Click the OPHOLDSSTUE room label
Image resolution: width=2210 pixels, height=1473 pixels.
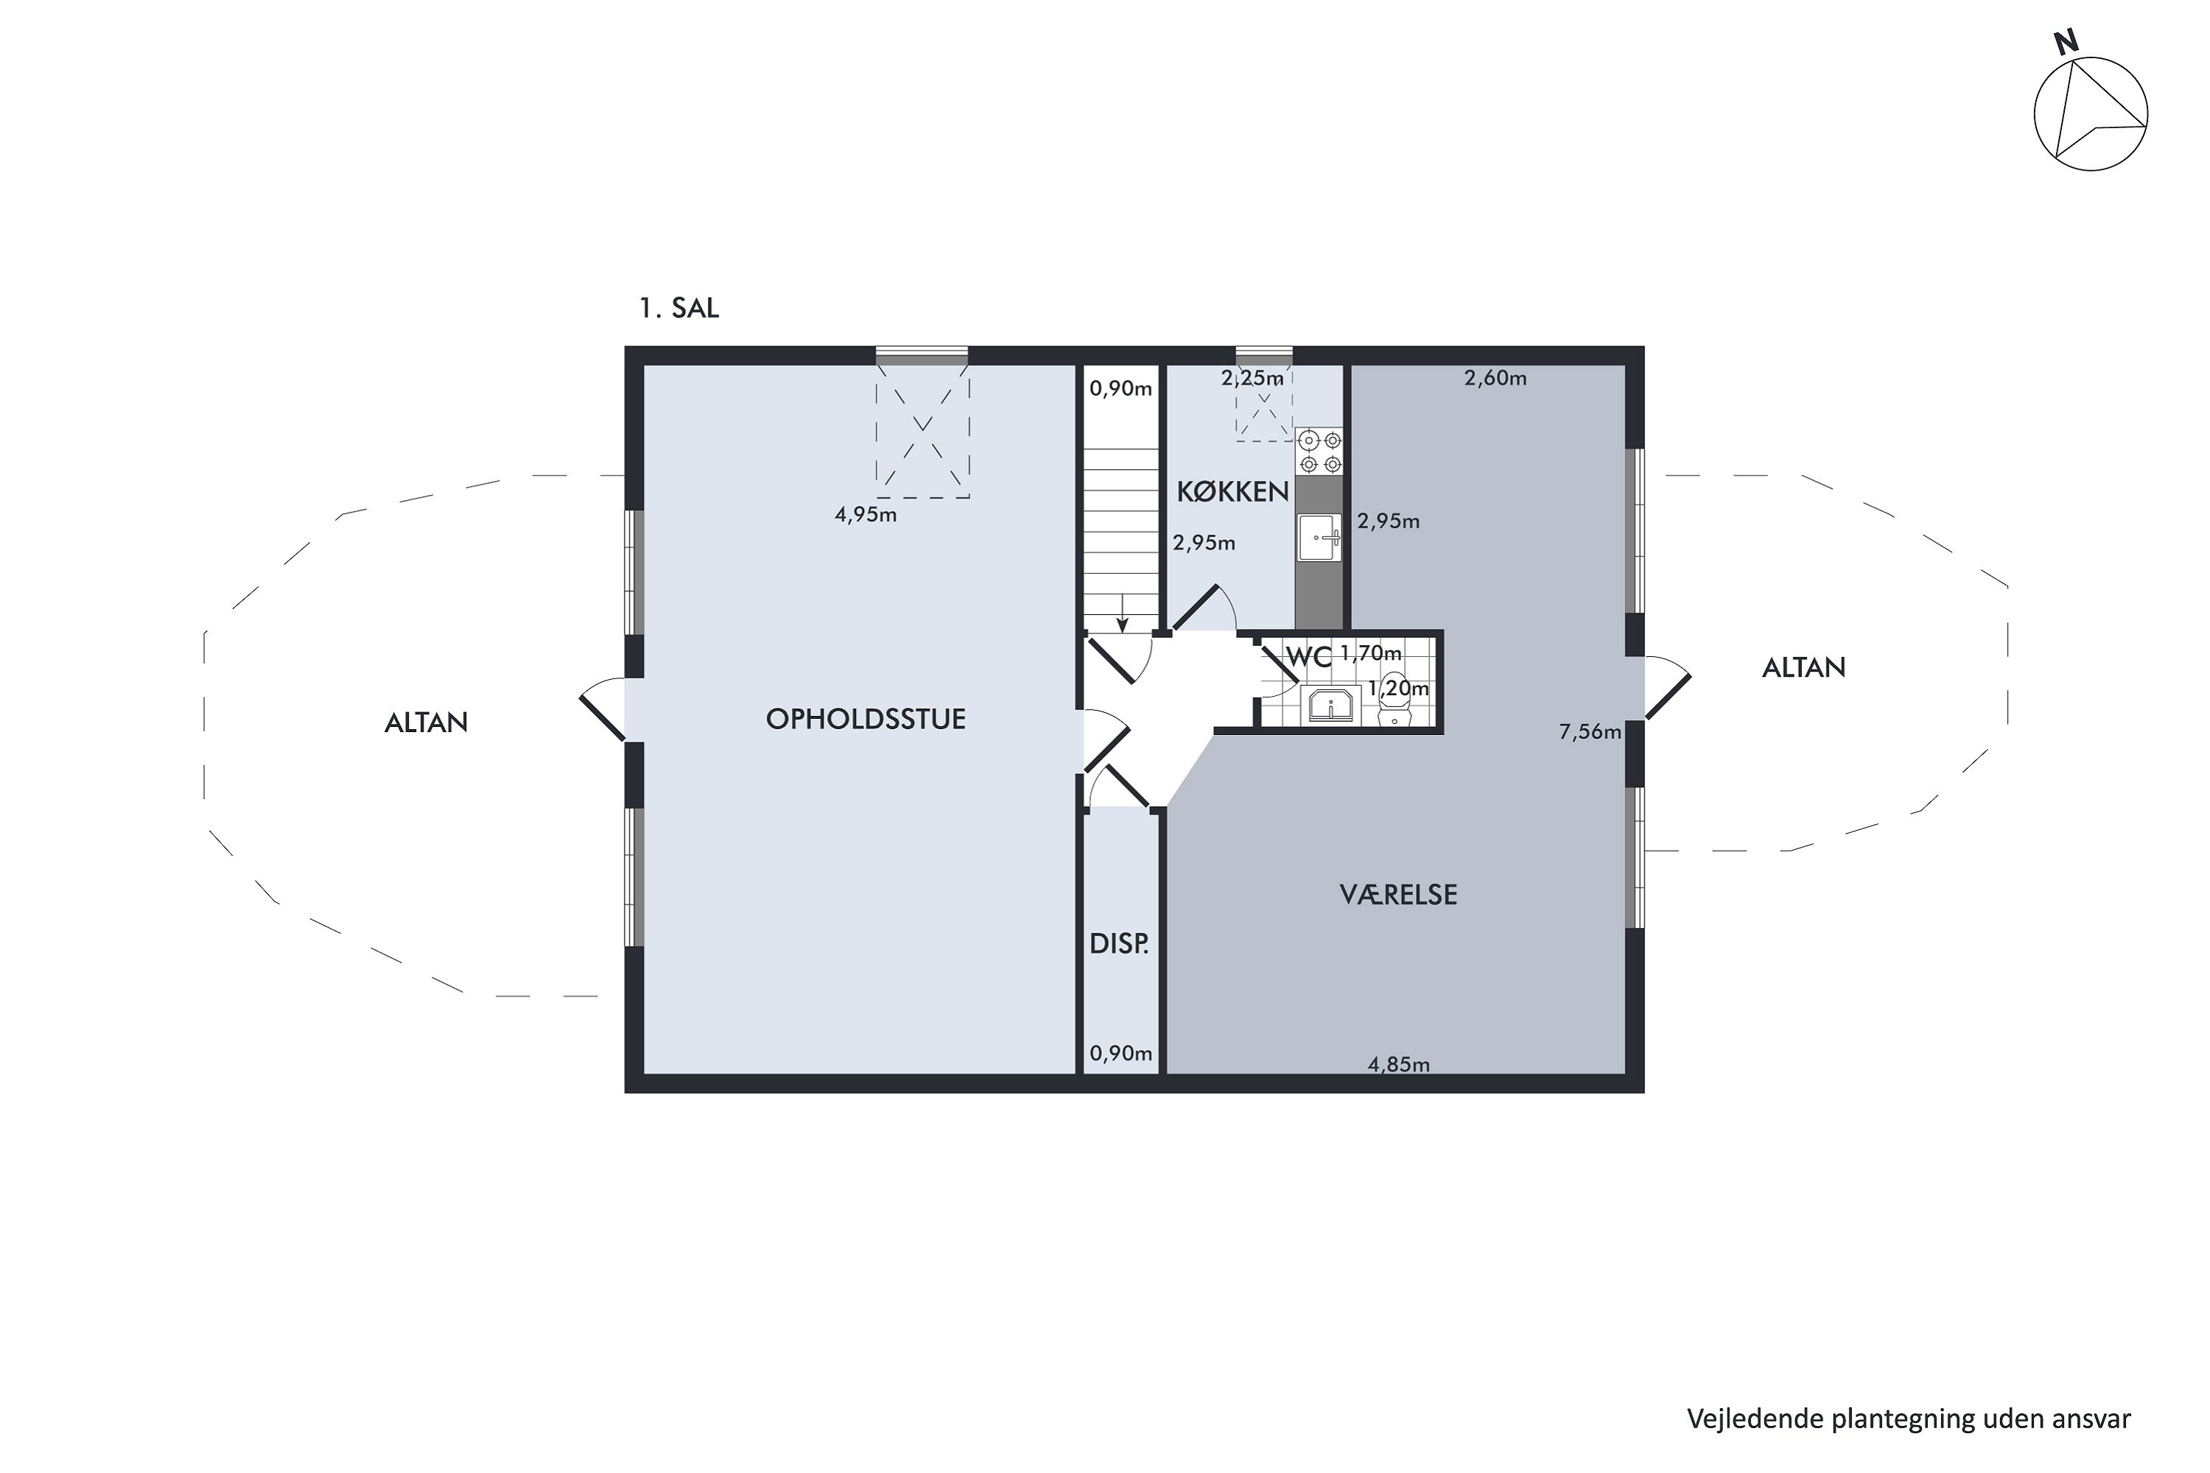click(x=866, y=720)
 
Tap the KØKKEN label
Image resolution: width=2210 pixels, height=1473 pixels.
click(x=1232, y=491)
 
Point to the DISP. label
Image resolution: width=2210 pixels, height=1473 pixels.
click(x=1119, y=944)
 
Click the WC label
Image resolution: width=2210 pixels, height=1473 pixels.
click(x=1309, y=658)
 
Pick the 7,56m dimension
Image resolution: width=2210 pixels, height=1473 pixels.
click(x=1590, y=732)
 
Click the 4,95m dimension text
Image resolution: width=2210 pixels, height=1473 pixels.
click(x=866, y=515)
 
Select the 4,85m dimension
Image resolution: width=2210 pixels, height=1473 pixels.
click(x=1398, y=1064)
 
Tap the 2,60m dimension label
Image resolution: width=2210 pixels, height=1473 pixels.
click(x=1495, y=378)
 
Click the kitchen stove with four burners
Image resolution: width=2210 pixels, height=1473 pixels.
click(x=1319, y=452)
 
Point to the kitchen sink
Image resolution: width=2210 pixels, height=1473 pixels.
click(x=1320, y=538)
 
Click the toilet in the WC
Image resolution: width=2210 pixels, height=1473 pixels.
click(x=1395, y=701)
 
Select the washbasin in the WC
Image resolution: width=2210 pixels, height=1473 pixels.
click(x=1330, y=705)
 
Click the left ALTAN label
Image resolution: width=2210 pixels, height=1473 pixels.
click(x=426, y=723)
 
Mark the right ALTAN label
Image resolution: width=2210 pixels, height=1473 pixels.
click(x=1803, y=668)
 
